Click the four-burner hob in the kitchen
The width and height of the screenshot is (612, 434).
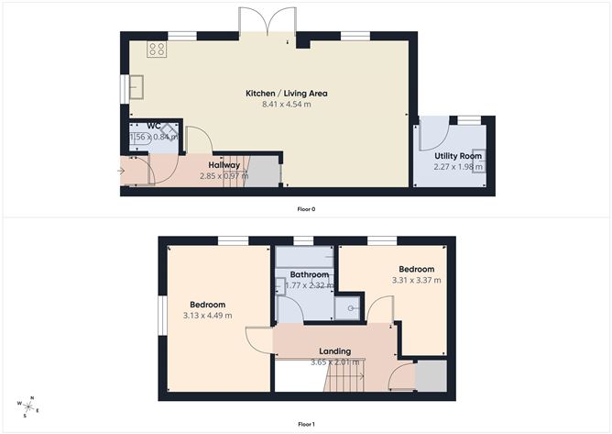tap(156, 50)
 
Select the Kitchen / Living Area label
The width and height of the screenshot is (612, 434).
tap(287, 94)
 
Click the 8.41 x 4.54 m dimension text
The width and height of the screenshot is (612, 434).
tap(287, 105)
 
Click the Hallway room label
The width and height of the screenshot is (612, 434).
tap(224, 165)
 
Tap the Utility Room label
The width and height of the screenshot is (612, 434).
tap(458, 156)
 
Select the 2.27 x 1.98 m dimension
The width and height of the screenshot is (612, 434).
tap(458, 166)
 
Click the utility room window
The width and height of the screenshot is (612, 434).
tap(469, 119)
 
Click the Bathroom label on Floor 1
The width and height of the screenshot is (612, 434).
tap(310, 274)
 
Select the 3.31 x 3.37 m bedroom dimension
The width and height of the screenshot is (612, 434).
tap(417, 280)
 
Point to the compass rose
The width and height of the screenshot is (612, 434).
tap(28, 405)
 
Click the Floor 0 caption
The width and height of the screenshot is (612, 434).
tap(306, 209)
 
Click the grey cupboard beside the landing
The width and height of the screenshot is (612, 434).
tap(432, 377)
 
